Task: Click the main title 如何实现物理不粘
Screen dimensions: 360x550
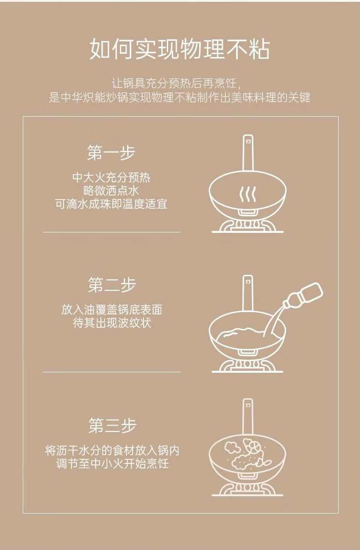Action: (x=180, y=49)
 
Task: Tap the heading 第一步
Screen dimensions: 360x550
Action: (x=111, y=153)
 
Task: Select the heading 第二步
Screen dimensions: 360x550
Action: (x=112, y=285)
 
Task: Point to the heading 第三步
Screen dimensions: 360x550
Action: (x=112, y=425)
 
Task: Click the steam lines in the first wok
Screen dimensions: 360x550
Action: (x=247, y=194)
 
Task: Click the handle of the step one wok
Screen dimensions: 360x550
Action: (x=248, y=153)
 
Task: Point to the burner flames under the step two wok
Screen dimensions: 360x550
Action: (x=247, y=364)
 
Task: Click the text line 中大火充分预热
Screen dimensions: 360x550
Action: (x=111, y=178)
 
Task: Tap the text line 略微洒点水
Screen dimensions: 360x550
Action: (x=111, y=191)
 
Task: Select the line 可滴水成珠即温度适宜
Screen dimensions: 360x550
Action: (x=111, y=204)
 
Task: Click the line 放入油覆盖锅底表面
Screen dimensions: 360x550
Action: (x=112, y=310)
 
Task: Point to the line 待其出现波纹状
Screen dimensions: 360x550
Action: (x=112, y=323)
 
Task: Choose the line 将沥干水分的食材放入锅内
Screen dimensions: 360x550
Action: (x=112, y=451)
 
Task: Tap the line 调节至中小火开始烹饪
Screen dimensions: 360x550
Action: (x=112, y=464)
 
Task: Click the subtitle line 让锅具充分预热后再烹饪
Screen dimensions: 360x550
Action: (x=176, y=83)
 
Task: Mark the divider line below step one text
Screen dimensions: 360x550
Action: (x=112, y=232)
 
